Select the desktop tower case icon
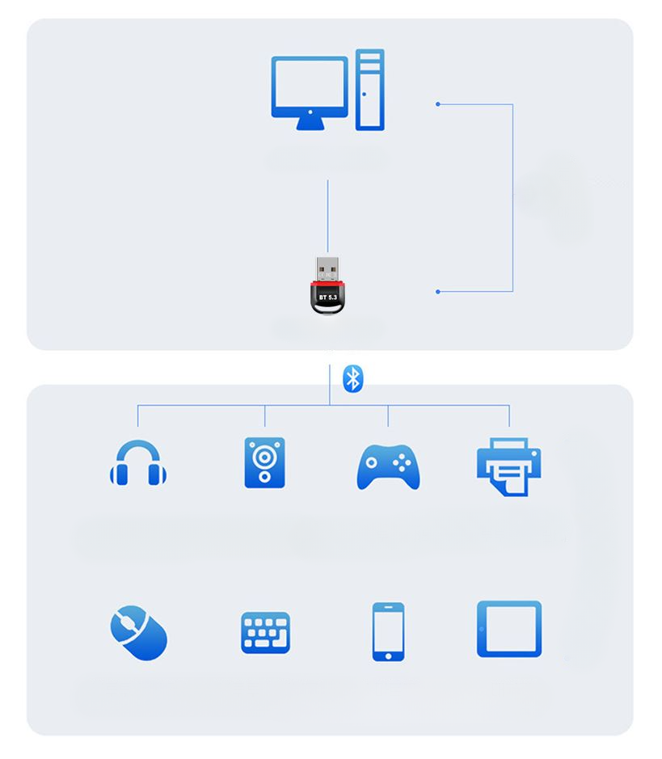coord(369,90)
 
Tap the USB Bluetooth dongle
coord(328,287)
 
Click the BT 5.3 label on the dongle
coord(328,298)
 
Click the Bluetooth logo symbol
coord(353,378)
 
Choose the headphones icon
coord(138,464)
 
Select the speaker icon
coord(264,463)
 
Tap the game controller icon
coord(388,466)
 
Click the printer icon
coord(508,466)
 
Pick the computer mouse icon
coord(138,633)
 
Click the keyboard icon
coord(265,632)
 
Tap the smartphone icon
coord(388,631)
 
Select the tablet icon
coord(509,629)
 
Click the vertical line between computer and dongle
coord(327,215)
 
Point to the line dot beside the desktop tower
coord(438,104)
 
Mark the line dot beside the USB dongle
coord(438,291)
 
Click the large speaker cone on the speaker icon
coord(264,457)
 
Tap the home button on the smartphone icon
coord(388,654)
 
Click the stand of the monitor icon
coord(310,124)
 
